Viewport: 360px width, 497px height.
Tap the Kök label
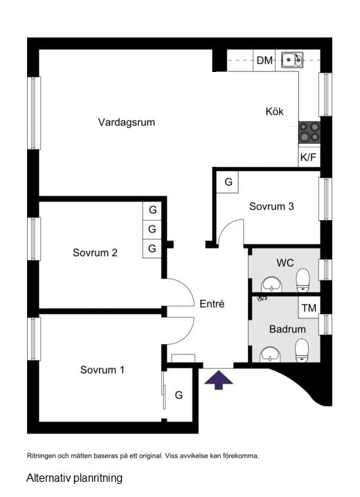click(x=274, y=111)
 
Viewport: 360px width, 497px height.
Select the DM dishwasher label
click(x=264, y=61)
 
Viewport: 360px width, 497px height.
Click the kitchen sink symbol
click(x=291, y=60)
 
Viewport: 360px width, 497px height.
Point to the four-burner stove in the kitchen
click(x=309, y=132)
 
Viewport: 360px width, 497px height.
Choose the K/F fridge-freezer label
click(x=308, y=157)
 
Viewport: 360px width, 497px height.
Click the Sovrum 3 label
click(x=272, y=206)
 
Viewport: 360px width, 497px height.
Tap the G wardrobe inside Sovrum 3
click(x=227, y=182)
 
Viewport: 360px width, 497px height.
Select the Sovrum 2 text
click(x=95, y=253)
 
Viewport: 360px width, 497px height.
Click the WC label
click(x=285, y=263)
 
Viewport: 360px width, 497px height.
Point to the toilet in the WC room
click(x=303, y=280)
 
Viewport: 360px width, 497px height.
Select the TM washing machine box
click(x=308, y=307)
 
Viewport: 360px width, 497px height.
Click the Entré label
click(x=212, y=303)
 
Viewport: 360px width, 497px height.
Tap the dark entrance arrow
click(x=219, y=379)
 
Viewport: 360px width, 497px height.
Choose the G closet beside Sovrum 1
click(x=179, y=395)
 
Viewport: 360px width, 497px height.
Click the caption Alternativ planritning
click(x=74, y=478)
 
